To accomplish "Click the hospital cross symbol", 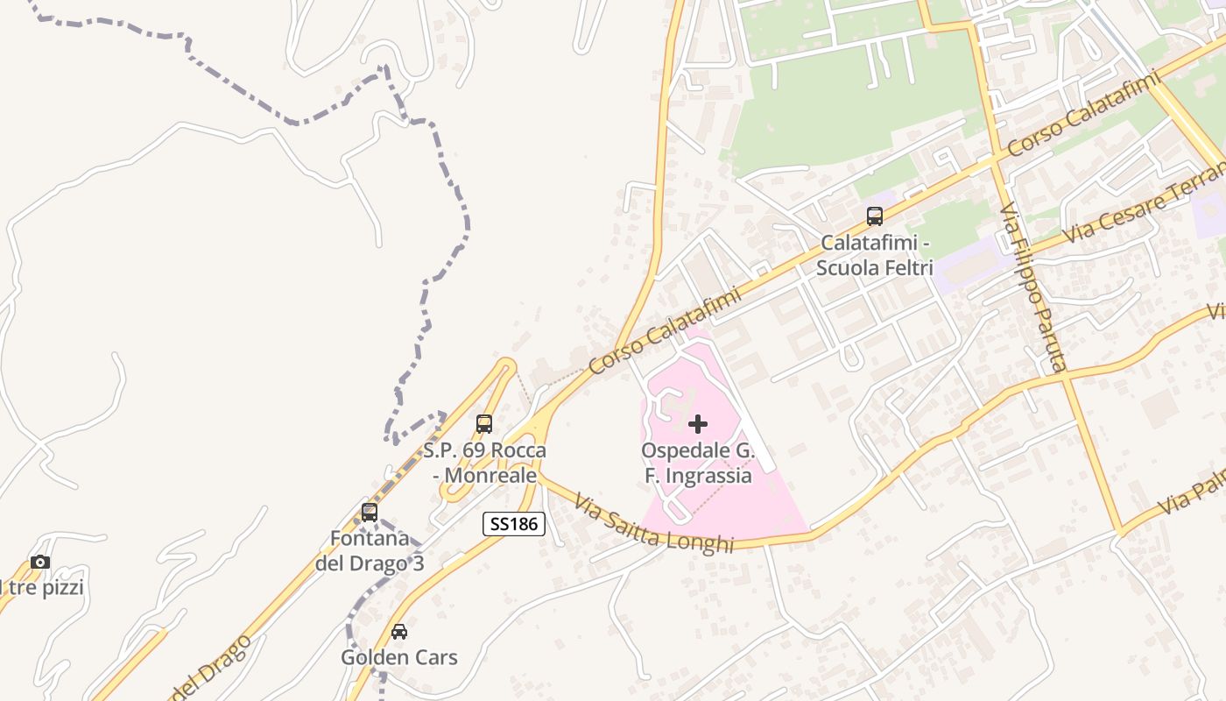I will (698, 424).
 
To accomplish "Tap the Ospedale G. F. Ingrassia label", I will (697, 463).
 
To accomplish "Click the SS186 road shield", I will (514, 524).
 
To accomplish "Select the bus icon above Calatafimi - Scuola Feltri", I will (874, 216).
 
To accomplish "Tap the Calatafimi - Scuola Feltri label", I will (874, 255).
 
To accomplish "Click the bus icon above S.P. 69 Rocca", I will (484, 424).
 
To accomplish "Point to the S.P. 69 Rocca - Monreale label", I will (484, 463).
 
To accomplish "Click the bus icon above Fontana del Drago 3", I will (370, 513).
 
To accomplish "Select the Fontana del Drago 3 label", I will (370, 551).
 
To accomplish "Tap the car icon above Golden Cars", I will (399, 631).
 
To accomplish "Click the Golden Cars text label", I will (399, 657).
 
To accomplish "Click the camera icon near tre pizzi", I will (40, 562).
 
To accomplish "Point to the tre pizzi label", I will (44, 588).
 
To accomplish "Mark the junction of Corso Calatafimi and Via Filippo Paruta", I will (997, 159).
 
